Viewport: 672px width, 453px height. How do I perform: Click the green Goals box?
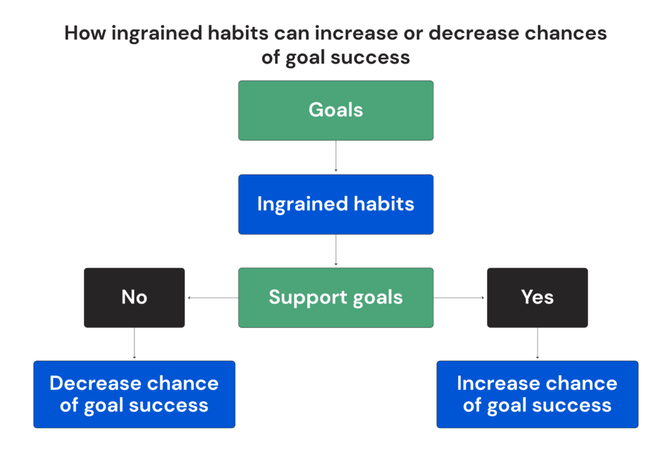click(x=335, y=110)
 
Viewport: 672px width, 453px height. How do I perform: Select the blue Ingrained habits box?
click(x=335, y=204)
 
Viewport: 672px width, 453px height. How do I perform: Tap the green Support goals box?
click(x=335, y=298)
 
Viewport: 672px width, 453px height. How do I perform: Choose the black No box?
click(x=134, y=298)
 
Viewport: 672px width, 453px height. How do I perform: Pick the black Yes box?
click(x=537, y=298)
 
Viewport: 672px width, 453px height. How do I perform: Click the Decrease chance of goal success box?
click(x=134, y=394)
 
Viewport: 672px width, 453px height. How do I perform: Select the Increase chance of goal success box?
click(x=537, y=394)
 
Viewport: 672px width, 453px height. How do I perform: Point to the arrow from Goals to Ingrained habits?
click(x=336, y=157)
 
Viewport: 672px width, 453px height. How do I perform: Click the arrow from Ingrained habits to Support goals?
click(x=336, y=250)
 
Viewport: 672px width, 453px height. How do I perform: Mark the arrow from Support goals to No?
click(x=212, y=298)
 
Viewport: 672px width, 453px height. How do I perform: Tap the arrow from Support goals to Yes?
click(x=459, y=298)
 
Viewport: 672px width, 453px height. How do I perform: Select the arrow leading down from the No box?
click(x=134, y=344)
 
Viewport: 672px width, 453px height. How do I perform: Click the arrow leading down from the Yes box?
click(x=537, y=344)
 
